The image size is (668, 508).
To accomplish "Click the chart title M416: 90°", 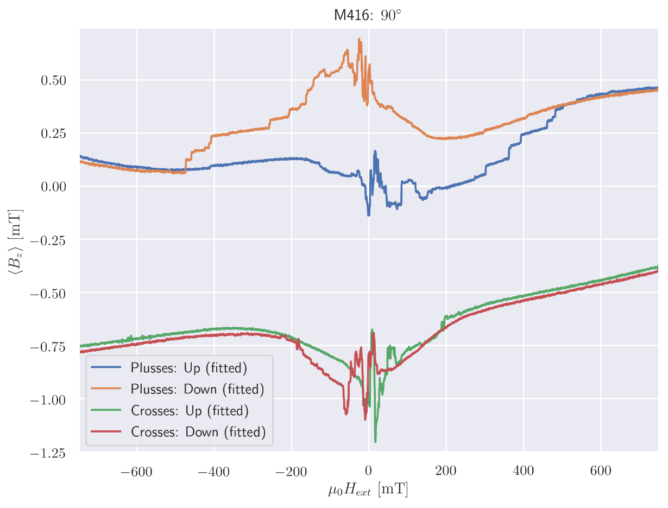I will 368,15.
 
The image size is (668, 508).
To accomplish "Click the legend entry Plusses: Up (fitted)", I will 188,368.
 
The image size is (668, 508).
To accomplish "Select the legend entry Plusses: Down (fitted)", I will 197,389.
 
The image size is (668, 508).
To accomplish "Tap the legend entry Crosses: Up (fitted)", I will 189,410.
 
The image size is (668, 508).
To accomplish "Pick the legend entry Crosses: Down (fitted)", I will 198,431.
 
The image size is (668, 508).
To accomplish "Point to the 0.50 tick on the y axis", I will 53,80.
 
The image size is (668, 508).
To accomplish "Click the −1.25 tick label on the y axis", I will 47,453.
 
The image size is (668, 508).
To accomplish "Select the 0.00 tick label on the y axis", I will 53,187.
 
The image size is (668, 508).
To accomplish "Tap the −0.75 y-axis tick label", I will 47,346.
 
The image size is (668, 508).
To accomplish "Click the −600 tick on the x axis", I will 136,470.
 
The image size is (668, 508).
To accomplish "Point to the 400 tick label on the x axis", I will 524,470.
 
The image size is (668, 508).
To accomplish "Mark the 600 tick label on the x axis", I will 601,470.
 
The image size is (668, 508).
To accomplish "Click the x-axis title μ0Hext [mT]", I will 368,490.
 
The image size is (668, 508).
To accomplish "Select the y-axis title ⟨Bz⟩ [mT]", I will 15,240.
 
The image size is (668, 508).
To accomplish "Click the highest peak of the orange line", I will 359,39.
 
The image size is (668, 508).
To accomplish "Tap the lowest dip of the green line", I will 375,441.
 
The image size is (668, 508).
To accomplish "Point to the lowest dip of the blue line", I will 369,215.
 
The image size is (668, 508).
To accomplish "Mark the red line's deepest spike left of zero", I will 346,414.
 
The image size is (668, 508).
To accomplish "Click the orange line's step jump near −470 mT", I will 186,166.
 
